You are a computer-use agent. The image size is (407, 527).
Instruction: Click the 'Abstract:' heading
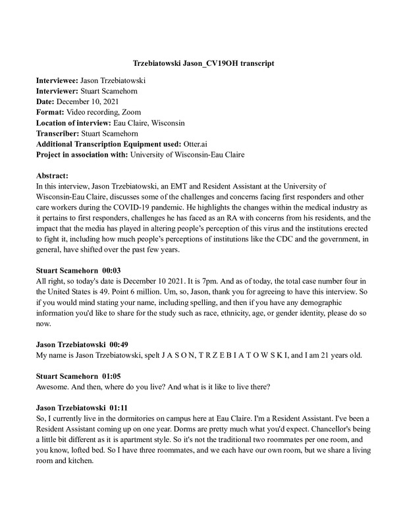[53, 177]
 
